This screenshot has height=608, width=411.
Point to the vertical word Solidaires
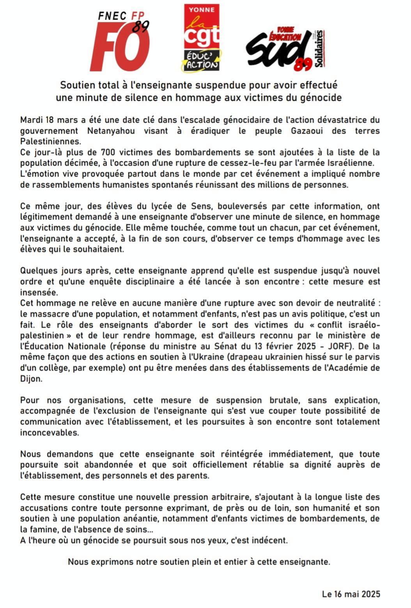pos(321,49)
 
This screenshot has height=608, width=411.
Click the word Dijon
pos(31,379)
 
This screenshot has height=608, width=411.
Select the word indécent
pos(271,540)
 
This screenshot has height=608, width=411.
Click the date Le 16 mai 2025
pos(351,594)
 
